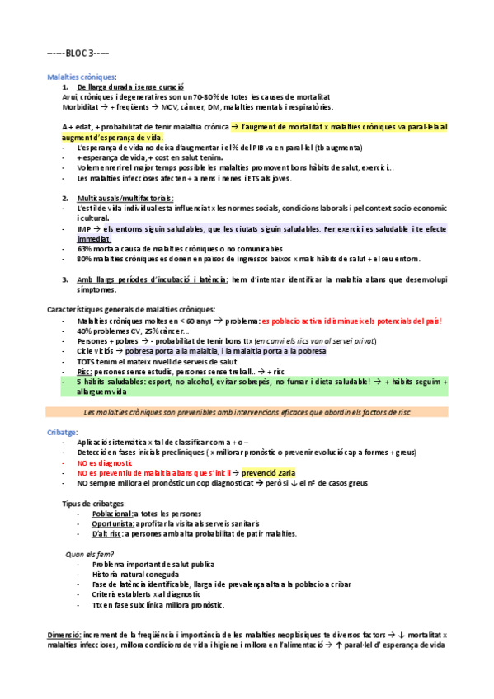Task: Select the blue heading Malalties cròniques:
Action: [x=82, y=76]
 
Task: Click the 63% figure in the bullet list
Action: [x=84, y=247]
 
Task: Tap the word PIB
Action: [x=268, y=147]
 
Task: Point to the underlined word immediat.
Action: [x=96, y=237]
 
